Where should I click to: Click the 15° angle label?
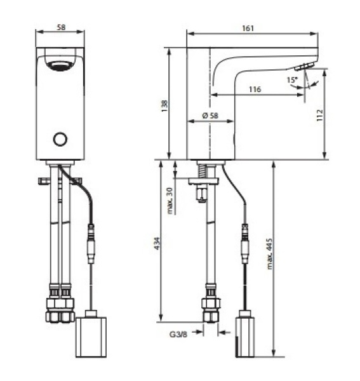[291, 80]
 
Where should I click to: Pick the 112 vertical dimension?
[320, 115]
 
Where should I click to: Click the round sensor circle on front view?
[60, 139]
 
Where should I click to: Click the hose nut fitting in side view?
[210, 304]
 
